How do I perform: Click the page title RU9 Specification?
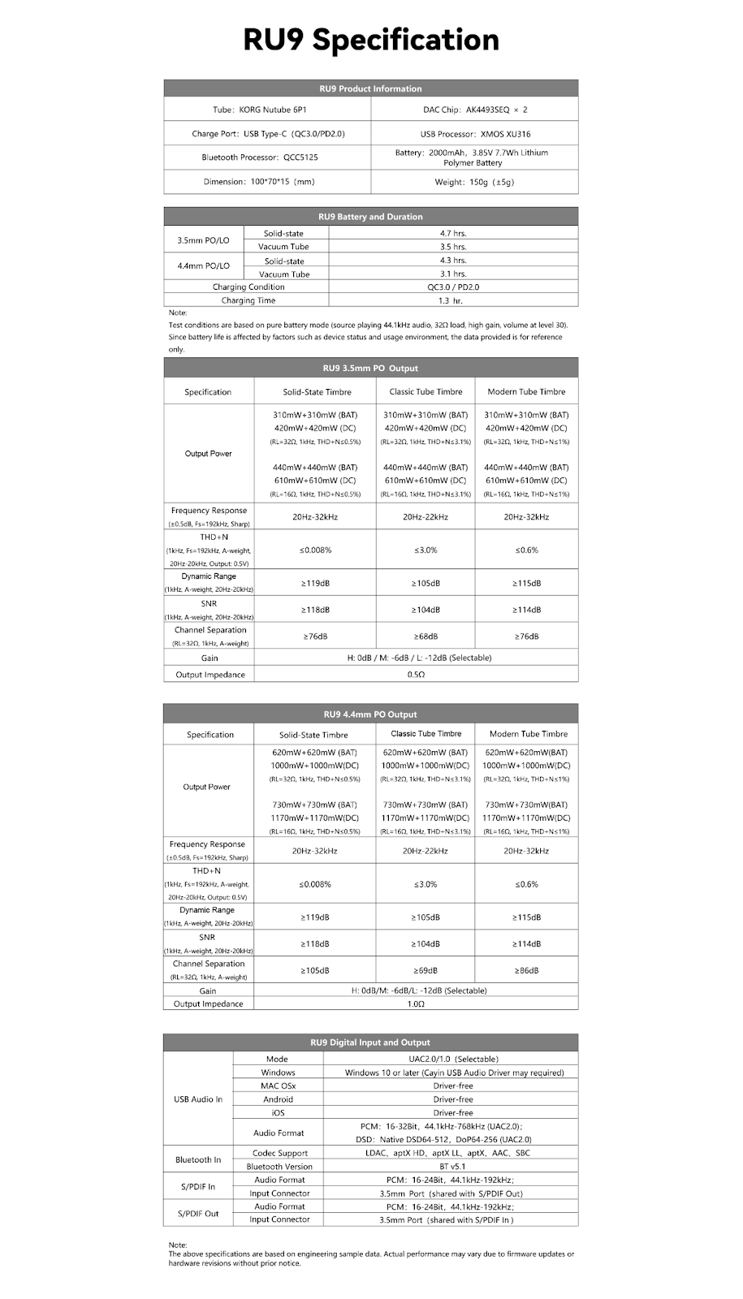coord(371,40)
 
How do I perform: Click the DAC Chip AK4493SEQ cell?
coord(475,110)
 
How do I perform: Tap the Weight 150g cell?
coord(475,182)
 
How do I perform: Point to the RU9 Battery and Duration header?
coord(371,217)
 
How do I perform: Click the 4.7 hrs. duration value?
coord(453,234)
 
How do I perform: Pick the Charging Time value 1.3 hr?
coord(453,300)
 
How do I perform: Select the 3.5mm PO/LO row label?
coord(203,240)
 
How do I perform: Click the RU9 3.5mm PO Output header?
coord(371,369)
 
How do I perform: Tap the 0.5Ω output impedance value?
coord(416,675)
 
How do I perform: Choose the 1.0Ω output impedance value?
coord(416,1004)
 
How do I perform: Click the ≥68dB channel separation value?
coord(425,637)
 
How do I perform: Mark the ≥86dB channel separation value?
coord(526,971)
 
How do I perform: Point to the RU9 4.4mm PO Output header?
coord(371,714)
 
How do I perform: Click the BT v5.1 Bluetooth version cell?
coord(452,1167)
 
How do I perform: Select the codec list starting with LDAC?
coord(452,1153)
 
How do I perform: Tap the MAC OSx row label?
coord(278,1085)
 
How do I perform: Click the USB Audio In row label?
coord(198,1099)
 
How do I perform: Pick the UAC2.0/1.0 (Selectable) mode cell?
coord(452,1059)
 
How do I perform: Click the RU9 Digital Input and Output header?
coord(371,1042)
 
